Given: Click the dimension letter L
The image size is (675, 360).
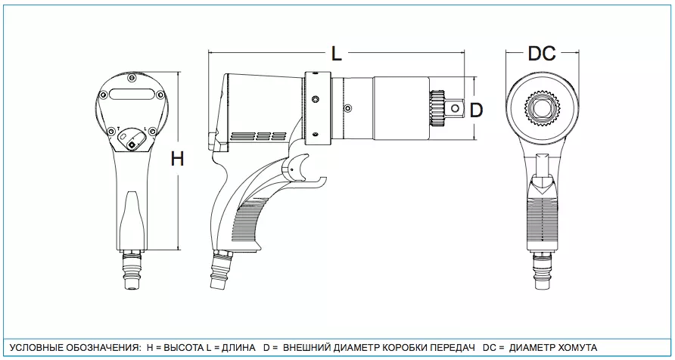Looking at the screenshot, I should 337,54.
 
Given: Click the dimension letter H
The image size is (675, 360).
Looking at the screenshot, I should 177,159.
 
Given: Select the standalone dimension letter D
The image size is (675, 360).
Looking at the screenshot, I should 476,110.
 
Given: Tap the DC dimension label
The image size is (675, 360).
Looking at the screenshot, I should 542,54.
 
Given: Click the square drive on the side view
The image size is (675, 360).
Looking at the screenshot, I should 453,108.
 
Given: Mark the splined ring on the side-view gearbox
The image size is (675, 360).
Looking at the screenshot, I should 437,109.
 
